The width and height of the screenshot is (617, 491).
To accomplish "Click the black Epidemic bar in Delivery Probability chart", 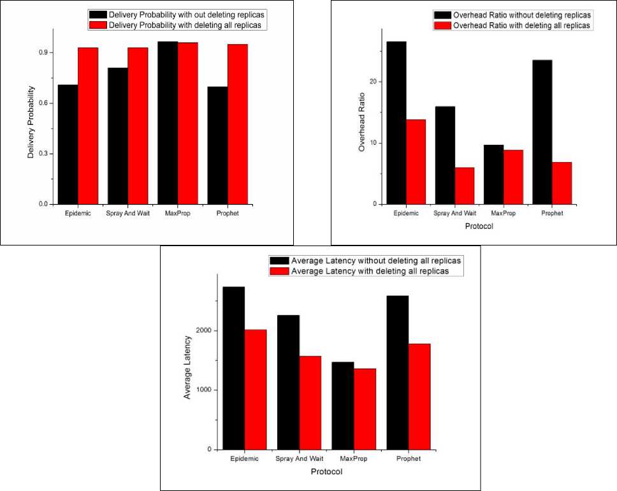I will (68, 144).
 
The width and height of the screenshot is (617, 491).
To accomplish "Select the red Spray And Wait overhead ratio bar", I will (464, 186).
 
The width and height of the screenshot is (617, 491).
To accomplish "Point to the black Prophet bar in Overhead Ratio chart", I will (542, 131).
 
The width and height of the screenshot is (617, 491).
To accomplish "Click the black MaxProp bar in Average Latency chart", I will (343, 406).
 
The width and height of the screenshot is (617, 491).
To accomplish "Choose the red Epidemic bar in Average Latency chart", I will (256, 389).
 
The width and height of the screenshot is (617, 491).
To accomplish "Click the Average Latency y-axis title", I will (187, 367).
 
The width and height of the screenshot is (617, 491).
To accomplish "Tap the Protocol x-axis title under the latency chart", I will (326, 472).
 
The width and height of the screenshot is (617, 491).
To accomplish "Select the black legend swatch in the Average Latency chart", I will (279, 261).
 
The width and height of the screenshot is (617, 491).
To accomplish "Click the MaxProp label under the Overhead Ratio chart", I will (503, 213).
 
